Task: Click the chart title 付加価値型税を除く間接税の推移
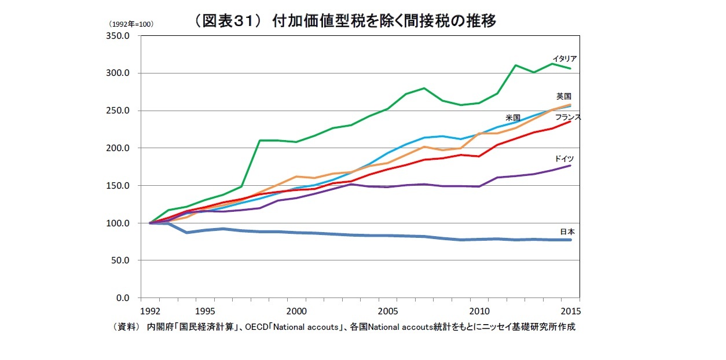tap(345, 21)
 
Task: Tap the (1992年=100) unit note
tap(130, 24)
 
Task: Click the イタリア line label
tap(564, 59)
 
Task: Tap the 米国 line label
tap(512, 117)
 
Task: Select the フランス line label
tap(568, 117)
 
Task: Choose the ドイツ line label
tap(564, 158)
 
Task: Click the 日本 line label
tap(567, 232)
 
